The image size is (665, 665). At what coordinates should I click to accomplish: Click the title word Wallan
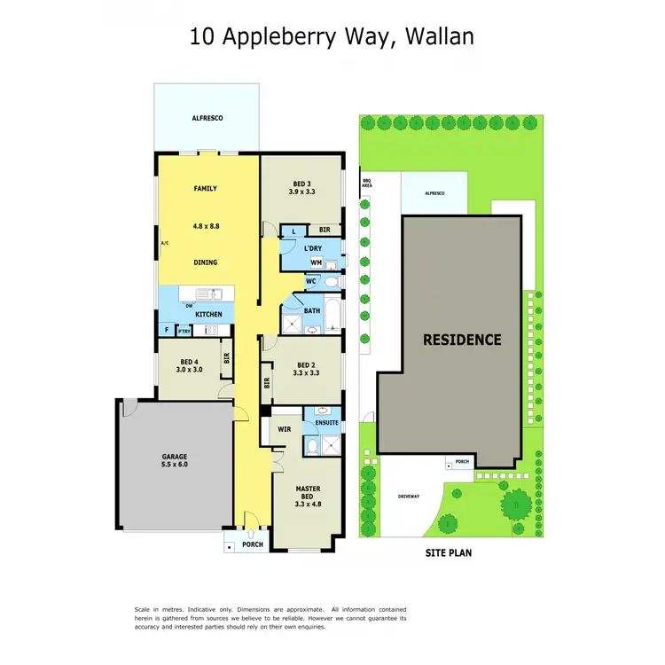click(x=440, y=36)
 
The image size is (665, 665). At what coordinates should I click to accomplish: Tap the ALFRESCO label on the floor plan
click(x=207, y=117)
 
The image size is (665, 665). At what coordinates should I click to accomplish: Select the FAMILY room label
click(x=206, y=188)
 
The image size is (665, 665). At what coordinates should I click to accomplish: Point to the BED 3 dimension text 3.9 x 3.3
click(x=302, y=192)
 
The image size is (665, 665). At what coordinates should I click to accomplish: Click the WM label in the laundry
click(x=316, y=262)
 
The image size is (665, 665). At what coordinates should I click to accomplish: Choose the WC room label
click(x=311, y=281)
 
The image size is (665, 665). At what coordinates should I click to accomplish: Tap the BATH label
click(x=312, y=310)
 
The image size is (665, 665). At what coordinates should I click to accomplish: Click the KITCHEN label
click(x=208, y=314)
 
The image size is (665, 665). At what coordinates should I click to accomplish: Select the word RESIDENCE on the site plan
click(x=462, y=340)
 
